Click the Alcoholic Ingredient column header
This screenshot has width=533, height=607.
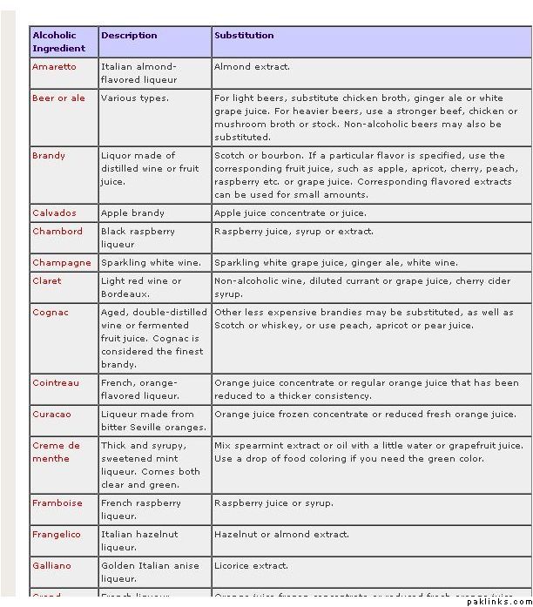tap(59, 42)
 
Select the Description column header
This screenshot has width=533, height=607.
tap(129, 36)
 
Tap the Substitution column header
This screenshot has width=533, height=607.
tap(244, 36)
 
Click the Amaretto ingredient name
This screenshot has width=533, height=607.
tap(54, 67)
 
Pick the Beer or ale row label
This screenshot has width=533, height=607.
tap(58, 98)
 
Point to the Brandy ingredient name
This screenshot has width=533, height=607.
tap(49, 156)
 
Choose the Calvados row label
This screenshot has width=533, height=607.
tap(54, 213)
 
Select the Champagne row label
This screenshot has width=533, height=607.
tap(61, 263)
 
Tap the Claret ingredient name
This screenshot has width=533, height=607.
tap(47, 281)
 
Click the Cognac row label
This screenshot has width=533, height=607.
tap(51, 313)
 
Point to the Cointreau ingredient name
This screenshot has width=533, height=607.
tap(56, 383)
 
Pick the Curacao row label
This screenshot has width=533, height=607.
tap(51, 415)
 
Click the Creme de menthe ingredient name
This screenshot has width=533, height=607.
tap(56, 452)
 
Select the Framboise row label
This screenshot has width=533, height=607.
tap(57, 503)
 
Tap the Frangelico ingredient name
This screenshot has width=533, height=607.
tap(57, 535)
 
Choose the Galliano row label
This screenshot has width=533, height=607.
tap(51, 566)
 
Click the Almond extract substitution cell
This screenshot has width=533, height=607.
tap(253, 67)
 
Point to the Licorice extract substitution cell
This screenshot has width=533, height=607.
tap(251, 566)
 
